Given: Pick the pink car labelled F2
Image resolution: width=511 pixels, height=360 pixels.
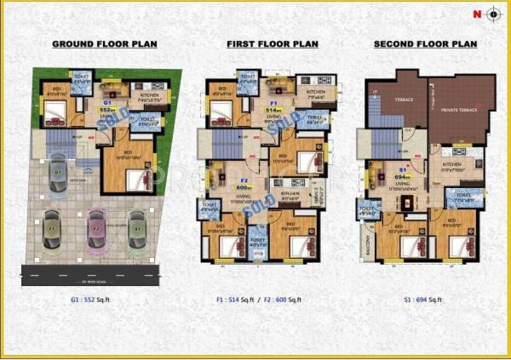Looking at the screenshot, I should pos(95,230).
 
